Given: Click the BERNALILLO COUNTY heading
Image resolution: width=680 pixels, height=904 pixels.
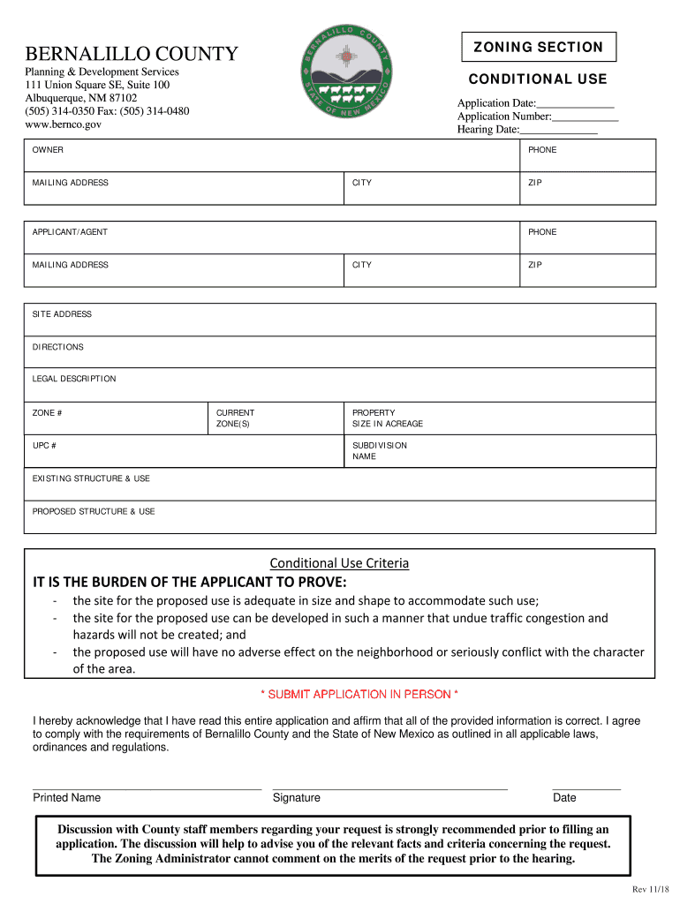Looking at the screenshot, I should tap(132, 55).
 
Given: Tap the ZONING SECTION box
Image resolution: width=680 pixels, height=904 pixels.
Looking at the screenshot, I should tap(538, 48).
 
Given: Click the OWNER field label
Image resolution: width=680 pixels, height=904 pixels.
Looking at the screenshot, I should tap(48, 150).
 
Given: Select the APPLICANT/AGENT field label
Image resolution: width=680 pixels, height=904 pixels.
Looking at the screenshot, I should tap(70, 232).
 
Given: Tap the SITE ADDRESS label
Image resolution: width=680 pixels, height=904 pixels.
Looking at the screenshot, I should tap(62, 314).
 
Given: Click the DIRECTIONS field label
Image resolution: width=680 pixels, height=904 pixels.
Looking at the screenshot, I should tap(58, 347).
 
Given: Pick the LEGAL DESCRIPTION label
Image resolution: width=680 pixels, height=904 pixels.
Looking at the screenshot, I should tap(74, 379).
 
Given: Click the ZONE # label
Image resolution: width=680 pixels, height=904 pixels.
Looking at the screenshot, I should tap(48, 413).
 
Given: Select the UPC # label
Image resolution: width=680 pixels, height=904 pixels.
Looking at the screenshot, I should tap(45, 446).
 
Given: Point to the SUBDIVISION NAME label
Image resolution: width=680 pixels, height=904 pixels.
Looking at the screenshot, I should tap(380, 451).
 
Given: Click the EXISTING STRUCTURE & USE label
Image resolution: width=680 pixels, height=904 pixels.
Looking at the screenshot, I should tap(91, 478).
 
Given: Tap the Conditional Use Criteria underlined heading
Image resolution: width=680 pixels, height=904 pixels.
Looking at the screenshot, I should tap(339, 563).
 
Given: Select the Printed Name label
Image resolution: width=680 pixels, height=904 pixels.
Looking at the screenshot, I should tap(67, 798).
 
